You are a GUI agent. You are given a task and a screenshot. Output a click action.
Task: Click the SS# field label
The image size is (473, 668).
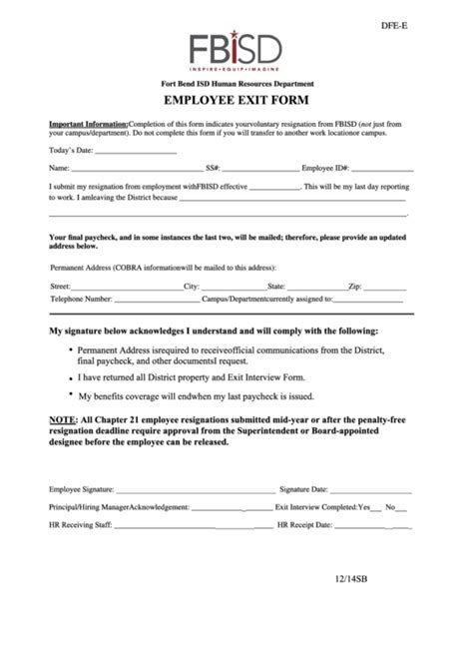point(213,169)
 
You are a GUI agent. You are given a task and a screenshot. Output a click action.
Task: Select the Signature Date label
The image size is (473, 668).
point(304,490)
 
